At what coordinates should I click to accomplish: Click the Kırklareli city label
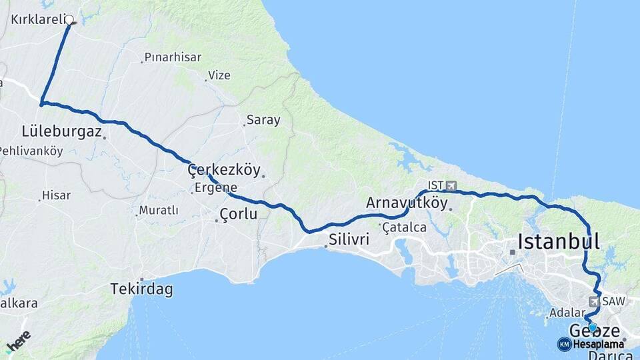coord(37,19)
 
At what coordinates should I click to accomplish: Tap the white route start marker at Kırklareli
coord(69,20)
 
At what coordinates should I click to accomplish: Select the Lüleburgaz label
coord(61,131)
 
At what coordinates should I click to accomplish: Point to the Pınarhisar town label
coord(173,57)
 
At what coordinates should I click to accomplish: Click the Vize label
coord(219,75)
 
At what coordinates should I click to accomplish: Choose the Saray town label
coord(263,121)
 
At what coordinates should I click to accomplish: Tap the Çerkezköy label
coord(224,169)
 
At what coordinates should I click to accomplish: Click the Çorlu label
coord(238,214)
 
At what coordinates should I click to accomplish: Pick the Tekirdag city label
coord(141,289)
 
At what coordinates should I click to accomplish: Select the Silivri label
coord(347,239)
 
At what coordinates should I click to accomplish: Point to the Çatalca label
coord(404,227)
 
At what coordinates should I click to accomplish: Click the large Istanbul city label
coord(559,241)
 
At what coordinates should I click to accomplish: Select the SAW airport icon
coord(593,301)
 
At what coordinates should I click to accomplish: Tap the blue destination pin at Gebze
coord(593,327)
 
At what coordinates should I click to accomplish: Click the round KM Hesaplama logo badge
coord(564,344)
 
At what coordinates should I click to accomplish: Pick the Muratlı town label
coord(158,211)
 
